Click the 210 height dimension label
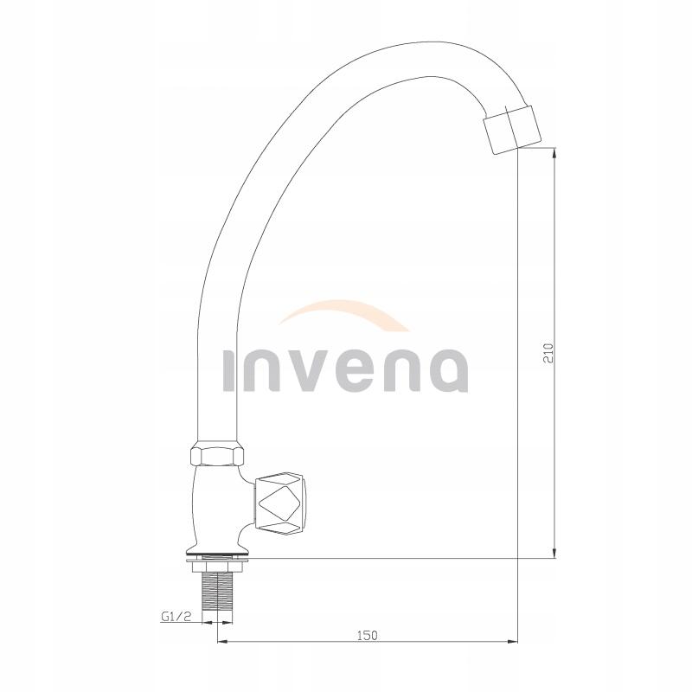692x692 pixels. tap(547, 352)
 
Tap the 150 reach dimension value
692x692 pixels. tap(367, 634)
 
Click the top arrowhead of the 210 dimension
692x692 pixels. tap(554, 154)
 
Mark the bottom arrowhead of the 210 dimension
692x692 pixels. tap(554, 553)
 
